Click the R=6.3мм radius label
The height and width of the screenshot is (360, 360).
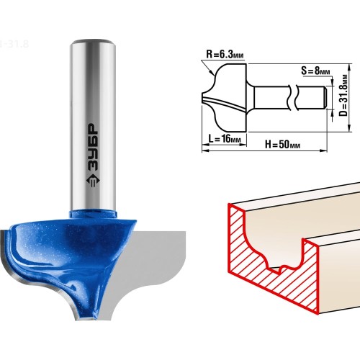[x=225, y=55]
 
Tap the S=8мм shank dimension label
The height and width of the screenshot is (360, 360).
[x=315, y=71]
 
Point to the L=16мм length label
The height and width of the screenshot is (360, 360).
[x=224, y=138]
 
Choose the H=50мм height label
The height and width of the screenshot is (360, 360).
[x=282, y=144]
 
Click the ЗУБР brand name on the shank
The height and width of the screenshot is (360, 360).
[x=93, y=147]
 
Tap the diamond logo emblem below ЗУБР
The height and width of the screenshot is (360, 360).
[x=93, y=180]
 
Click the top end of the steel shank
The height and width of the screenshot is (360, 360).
[x=93, y=42]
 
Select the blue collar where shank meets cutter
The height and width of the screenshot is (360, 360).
[x=93, y=214]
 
